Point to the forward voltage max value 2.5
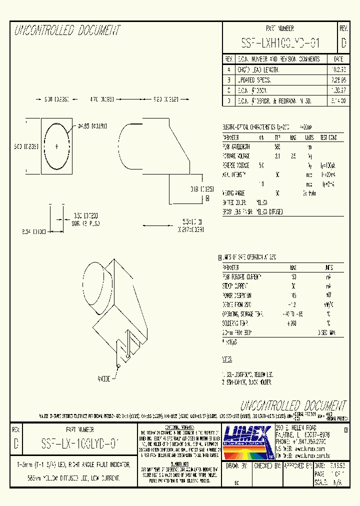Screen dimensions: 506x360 [293, 156]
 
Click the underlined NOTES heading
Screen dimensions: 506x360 [227, 359]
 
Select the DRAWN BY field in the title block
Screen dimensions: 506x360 [237, 466]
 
